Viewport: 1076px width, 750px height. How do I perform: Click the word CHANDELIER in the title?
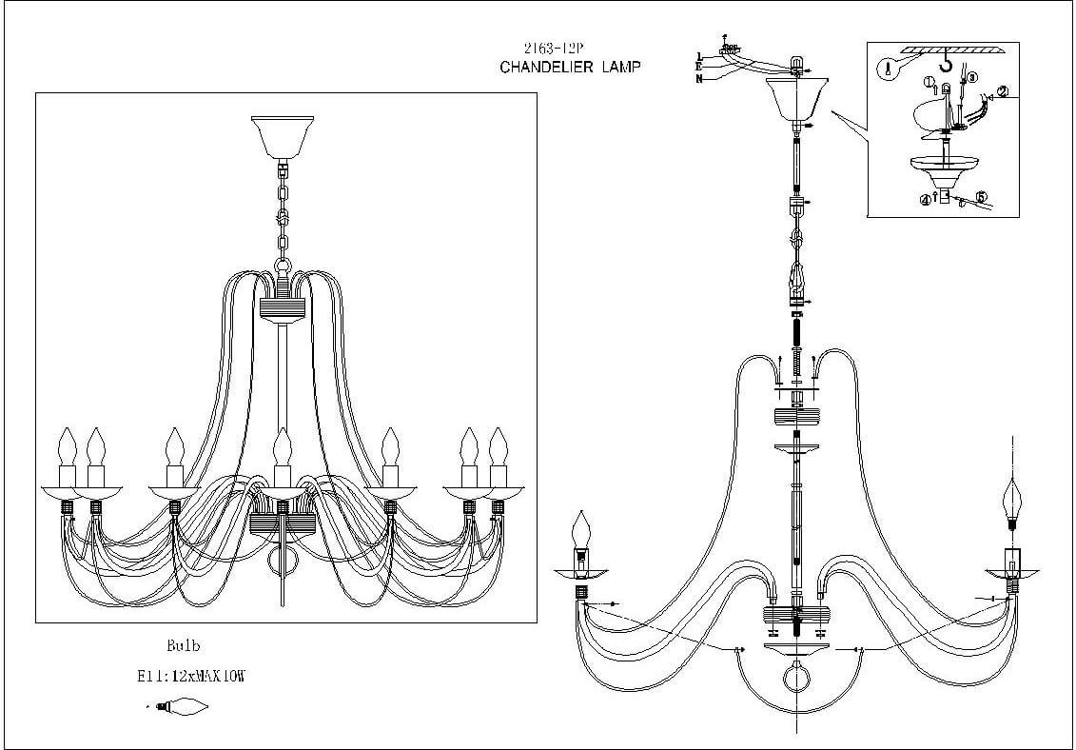point(548,67)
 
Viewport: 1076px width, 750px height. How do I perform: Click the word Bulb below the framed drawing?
point(183,645)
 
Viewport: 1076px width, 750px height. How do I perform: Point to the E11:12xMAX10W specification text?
point(191,676)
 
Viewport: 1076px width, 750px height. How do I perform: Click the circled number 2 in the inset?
point(1002,93)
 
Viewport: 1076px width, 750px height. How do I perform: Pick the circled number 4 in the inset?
point(924,200)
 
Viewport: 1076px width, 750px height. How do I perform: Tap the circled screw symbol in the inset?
point(887,69)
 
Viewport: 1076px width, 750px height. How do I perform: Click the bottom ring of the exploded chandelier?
point(793,681)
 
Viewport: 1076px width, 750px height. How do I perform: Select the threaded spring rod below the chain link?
point(795,338)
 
